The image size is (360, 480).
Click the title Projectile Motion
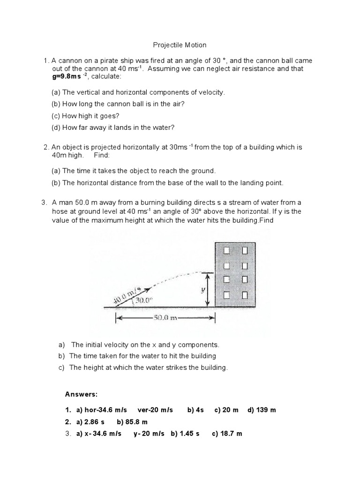tap(180, 45)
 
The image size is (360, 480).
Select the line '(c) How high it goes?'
tap(85, 116)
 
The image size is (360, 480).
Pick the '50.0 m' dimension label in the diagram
tap(165, 318)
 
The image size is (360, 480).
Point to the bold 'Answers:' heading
tap(81, 394)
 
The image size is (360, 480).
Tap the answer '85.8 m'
tap(135, 422)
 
